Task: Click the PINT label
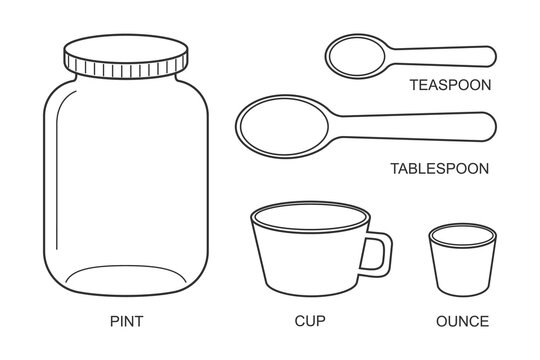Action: pos(126,322)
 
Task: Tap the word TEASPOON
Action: pos(450,86)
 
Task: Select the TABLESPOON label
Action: pos(439,168)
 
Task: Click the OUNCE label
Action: pos(462,322)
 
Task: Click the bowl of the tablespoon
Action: pos(281,124)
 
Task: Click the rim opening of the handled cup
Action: pos(311,214)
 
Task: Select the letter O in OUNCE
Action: pos(441,322)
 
